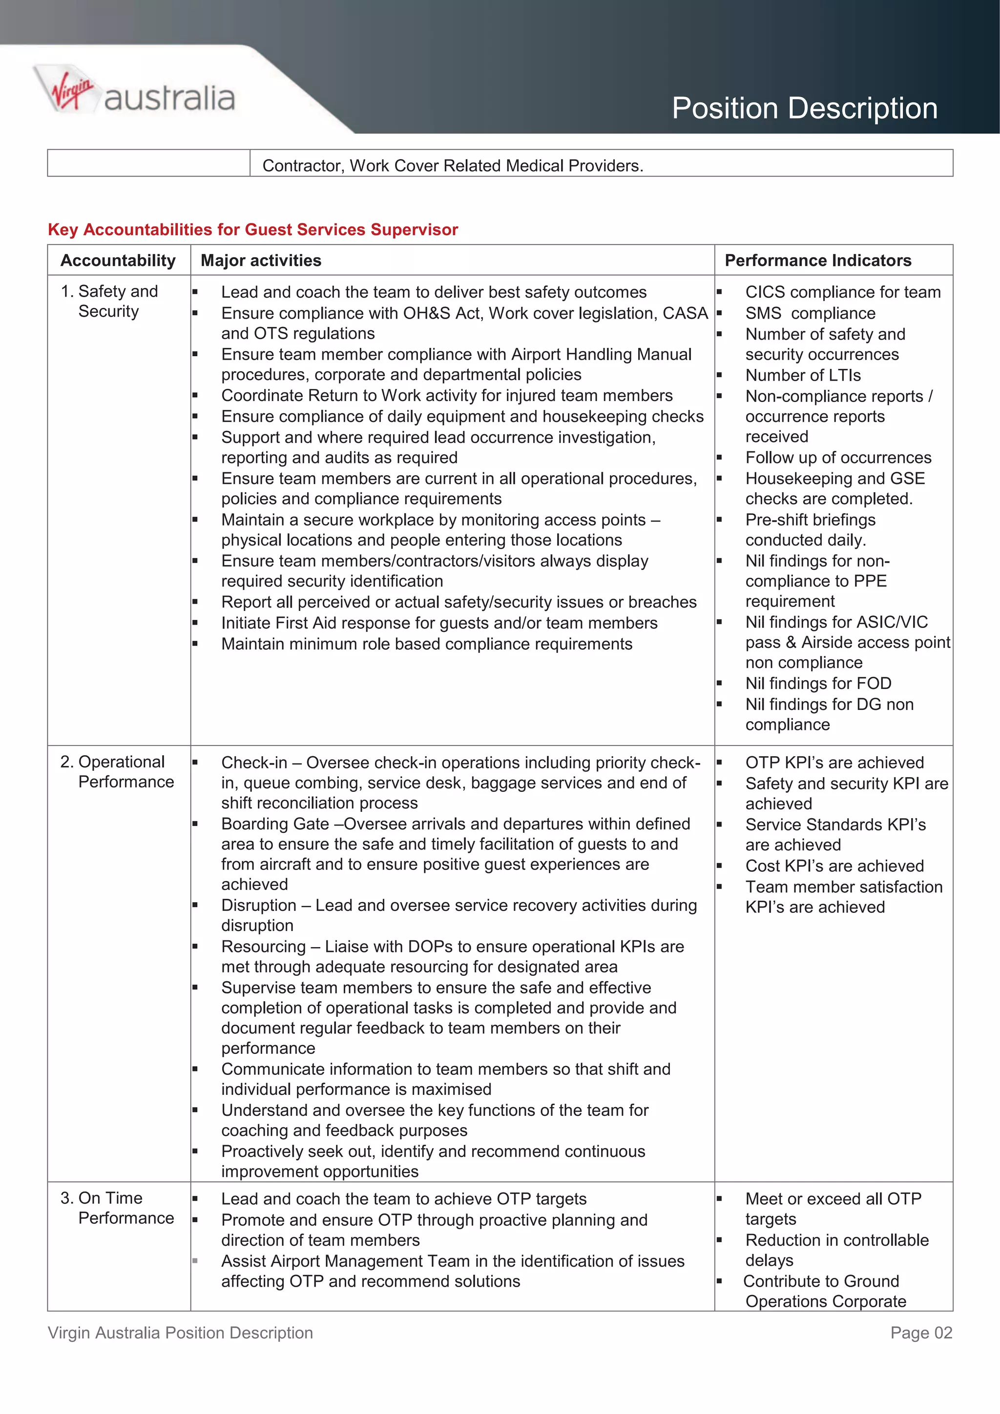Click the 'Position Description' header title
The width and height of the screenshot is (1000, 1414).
point(804,108)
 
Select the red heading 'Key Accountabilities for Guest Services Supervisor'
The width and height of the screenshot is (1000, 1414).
point(252,230)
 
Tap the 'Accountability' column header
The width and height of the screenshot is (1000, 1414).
point(118,261)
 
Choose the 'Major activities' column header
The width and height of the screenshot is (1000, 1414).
point(261,261)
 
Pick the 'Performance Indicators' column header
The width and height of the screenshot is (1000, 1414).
point(817,261)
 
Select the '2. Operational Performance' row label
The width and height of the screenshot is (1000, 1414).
point(118,772)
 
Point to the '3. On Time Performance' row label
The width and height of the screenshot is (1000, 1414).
point(118,1208)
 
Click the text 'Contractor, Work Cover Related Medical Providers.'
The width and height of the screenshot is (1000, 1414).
point(453,166)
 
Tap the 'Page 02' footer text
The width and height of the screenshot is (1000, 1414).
point(920,1333)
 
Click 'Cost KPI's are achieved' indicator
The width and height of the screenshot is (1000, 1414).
point(834,866)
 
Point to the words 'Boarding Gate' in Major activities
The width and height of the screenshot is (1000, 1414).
point(275,824)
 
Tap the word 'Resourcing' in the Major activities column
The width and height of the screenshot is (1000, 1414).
point(263,947)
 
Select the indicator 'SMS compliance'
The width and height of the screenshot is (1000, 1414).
point(810,313)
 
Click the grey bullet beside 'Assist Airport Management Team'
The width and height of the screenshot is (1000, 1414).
point(195,1261)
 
